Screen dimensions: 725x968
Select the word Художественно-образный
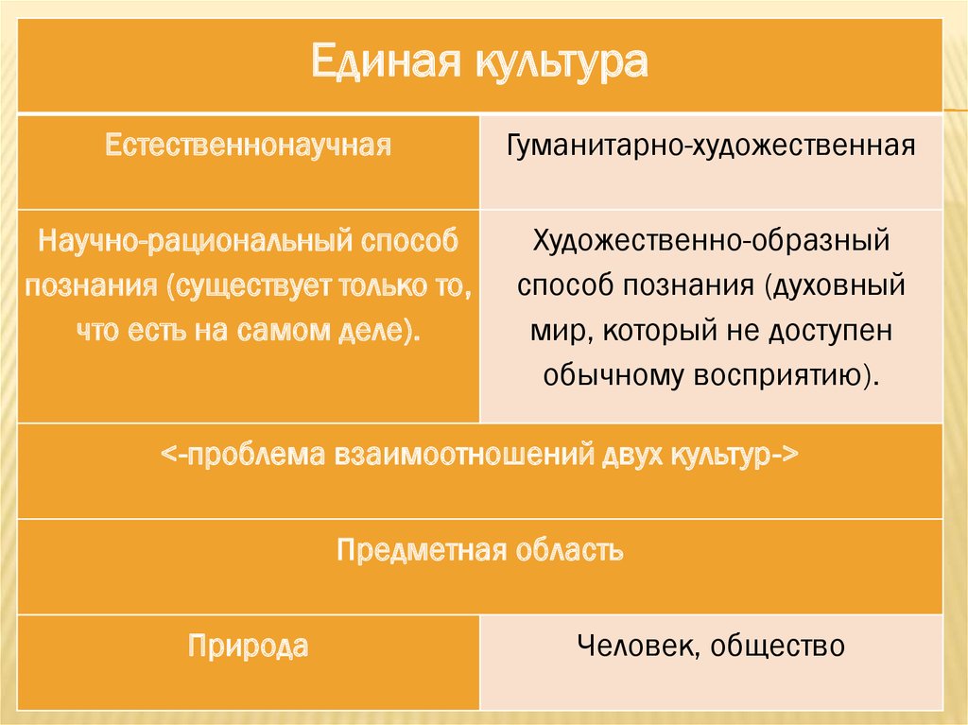click(x=711, y=240)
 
